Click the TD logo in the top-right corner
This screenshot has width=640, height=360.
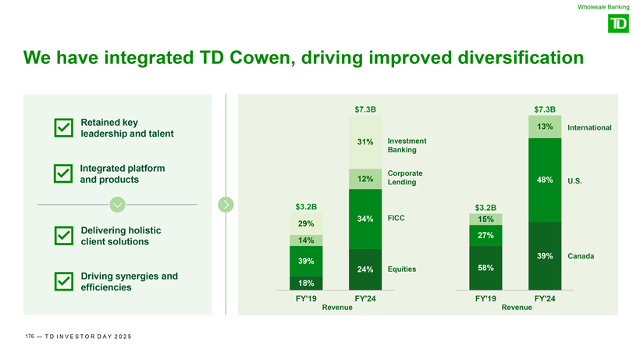(617, 25)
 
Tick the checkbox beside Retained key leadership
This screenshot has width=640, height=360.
(64, 129)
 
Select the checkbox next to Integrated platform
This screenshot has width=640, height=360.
(64, 174)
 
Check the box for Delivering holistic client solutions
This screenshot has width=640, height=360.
(64, 236)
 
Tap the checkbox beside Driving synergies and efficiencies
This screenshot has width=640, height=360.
(64, 281)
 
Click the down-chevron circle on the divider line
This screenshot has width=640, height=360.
(117, 205)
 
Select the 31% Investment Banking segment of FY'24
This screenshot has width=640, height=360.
(365, 142)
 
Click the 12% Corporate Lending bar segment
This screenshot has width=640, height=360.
(365, 179)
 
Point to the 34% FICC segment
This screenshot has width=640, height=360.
(365, 219)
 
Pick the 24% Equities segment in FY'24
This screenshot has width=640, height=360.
(365, 269)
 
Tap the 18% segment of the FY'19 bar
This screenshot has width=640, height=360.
(306, 283)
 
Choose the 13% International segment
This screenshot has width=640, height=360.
(545, 127)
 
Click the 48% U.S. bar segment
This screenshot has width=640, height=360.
(545, 180)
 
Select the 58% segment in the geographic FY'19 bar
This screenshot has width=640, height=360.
(485, 268)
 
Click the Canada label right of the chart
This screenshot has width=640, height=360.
(584, 256)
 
